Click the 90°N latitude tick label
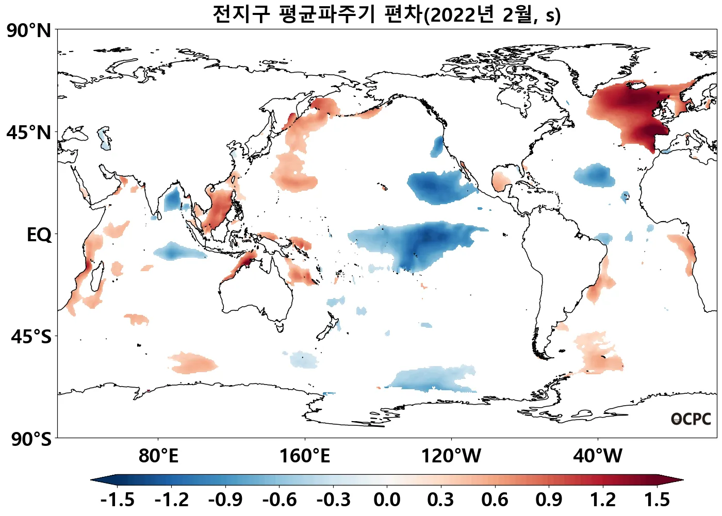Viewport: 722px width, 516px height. [29, 30]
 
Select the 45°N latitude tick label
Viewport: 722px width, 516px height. [29, 132]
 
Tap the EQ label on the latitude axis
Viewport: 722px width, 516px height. [39, 235]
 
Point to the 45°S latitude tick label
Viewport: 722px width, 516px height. [31, 337]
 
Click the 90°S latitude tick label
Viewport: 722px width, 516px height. [31, 439]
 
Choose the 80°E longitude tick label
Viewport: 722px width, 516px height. [158, 456]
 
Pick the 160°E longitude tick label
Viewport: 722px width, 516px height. [304, 456]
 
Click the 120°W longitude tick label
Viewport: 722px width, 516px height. [451, 456]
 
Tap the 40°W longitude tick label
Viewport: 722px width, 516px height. [598, 456]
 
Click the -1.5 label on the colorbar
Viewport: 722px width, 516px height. [118, 500]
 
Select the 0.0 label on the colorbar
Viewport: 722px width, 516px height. [387, 500]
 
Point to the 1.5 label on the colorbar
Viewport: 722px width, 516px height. [657, 500]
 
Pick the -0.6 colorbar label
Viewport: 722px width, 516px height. [280, 500]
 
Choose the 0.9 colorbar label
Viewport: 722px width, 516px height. [549, 500]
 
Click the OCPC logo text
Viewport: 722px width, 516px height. [691, 419]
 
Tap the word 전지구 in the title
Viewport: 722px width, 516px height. [241, 14]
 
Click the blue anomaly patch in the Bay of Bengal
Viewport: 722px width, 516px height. [173, 198]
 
